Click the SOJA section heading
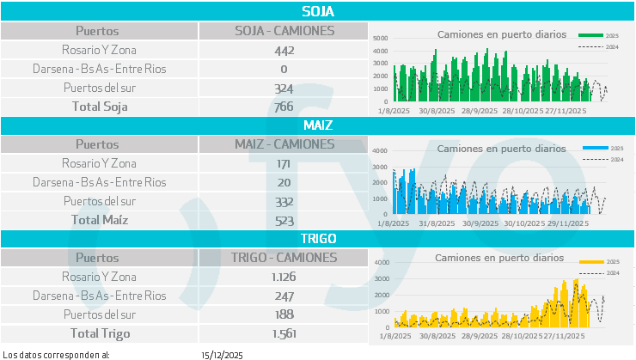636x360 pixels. click(318, 11)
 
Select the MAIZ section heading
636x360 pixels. click(318, 125)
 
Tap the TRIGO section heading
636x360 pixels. click(318, 238)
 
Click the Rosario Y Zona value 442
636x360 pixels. click(284, 50)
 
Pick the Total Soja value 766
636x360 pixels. click(284, 107)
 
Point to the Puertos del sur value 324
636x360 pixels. click(284, 88)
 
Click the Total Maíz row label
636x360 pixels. click(98, 220)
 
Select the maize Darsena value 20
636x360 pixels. click(284, 182)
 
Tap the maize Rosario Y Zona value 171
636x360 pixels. click(284, 163)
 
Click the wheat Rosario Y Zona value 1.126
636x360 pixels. click(284, 277)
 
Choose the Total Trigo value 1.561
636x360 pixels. click(284, 333)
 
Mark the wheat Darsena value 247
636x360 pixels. click(284, 296)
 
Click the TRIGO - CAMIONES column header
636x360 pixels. click(284, 257)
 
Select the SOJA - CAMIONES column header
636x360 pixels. click(284, 31)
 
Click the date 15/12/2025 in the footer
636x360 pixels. click(223, 354)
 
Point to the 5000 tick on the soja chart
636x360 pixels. click(380, 39)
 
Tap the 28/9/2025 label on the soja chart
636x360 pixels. click(480, 111)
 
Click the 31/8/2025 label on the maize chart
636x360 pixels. click(438, 223)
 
